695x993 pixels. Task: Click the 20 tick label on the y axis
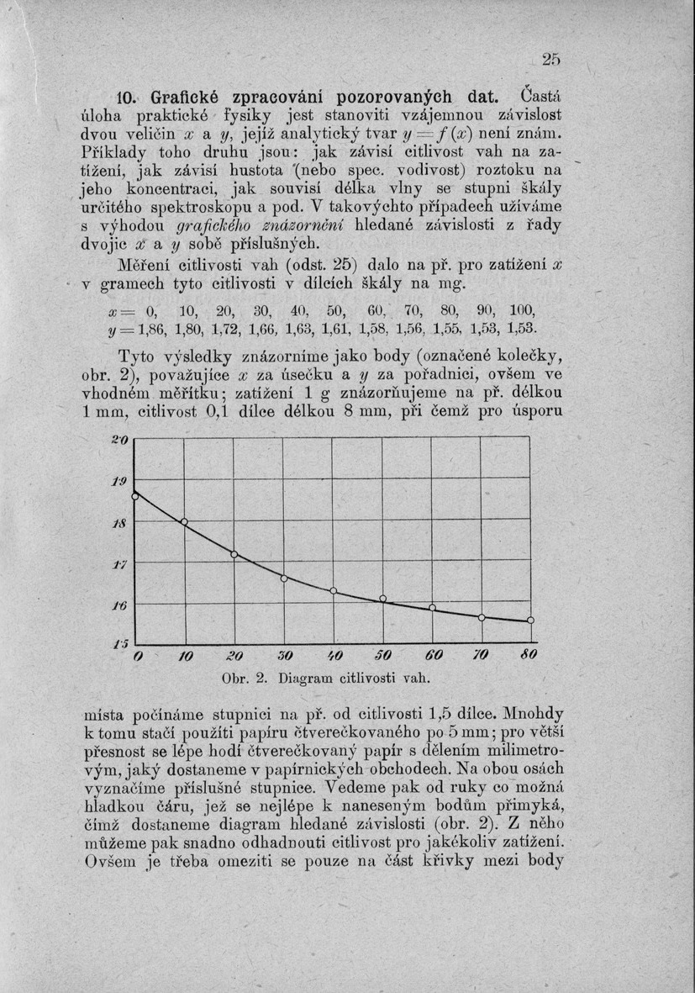click(118, 438)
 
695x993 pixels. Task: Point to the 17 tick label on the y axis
click(118, 564)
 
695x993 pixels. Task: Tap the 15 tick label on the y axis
click(118, 642)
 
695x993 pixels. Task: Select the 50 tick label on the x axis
click(382, 654)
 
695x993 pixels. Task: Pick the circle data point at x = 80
click(530, 621)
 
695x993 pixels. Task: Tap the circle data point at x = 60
click(432, 607)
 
